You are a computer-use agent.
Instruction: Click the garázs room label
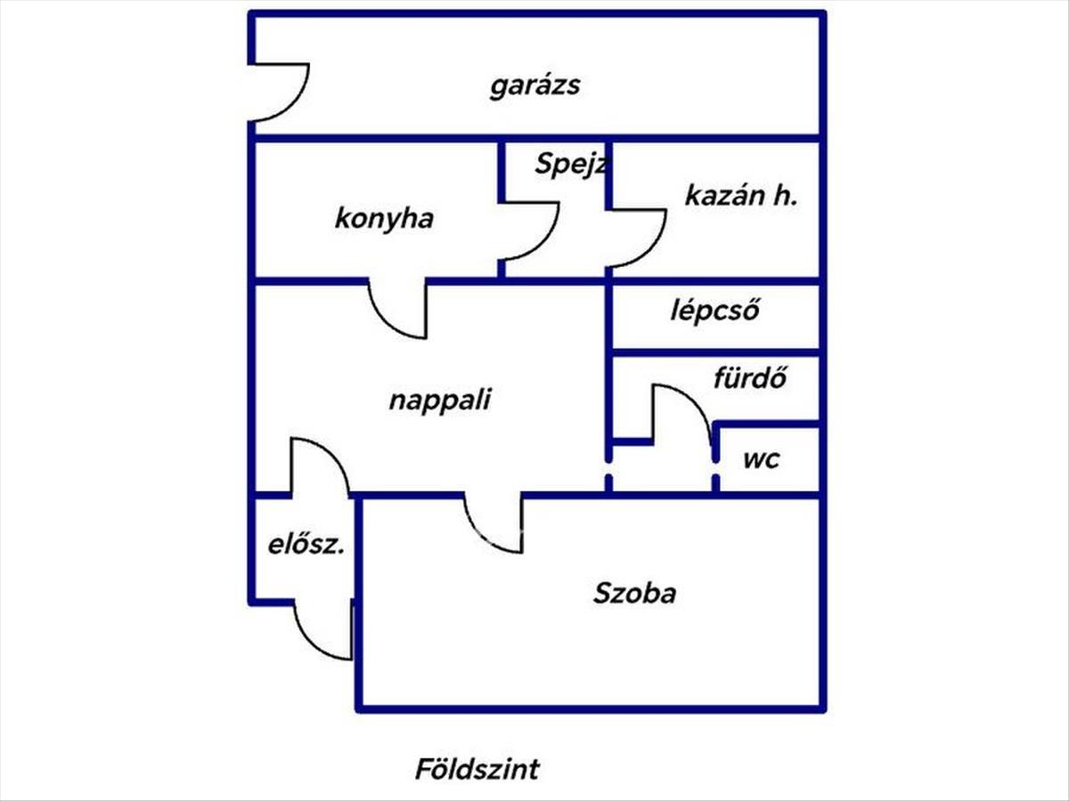coord(534,86)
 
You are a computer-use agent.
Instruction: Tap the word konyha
coord(384,219)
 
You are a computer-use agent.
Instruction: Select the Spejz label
coord(570,164)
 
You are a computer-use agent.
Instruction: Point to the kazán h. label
coord(741,196)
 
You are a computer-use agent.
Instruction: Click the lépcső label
coord(715,310)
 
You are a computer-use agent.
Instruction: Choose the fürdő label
coord(750,378)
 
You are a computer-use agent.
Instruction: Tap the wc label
coord(762,459)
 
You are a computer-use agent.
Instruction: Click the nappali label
coord(440,400)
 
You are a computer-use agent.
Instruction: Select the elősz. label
coord(306,545)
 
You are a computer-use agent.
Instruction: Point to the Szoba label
coord(634,594)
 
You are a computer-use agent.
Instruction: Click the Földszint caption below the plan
coord(477,769)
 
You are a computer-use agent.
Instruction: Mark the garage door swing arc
coord(292,104)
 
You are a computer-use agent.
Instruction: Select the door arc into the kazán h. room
coord(650,251)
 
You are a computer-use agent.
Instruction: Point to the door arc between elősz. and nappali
coord(332,454)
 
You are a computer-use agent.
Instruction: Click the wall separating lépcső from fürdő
coord(715,352)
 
